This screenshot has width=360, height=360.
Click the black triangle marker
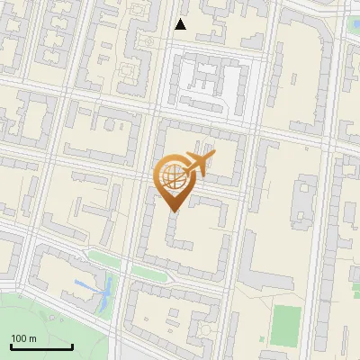point(181,24)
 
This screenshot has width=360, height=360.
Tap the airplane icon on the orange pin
point(195,164)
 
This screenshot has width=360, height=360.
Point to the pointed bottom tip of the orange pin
point(172,210)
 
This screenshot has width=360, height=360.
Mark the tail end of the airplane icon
point(183,171)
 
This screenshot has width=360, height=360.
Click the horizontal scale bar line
point(41,346)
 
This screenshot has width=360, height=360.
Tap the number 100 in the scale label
point(19,338)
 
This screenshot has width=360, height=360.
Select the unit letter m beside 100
point(32,338)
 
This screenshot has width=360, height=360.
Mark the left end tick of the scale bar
point(11,345)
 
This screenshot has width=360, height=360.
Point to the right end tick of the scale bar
point(72,345)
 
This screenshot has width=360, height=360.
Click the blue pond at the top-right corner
point(353,22)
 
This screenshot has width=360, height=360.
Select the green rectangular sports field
point(287,325)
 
